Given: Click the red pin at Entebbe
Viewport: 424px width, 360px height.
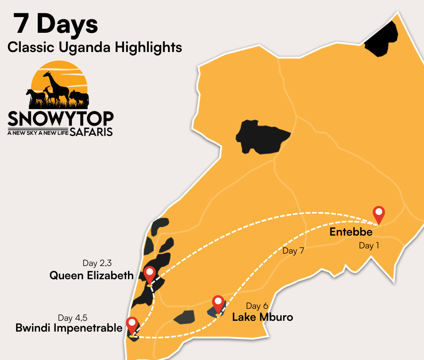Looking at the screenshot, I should click(378, 214).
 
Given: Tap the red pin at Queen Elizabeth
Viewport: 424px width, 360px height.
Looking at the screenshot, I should click(150, 274).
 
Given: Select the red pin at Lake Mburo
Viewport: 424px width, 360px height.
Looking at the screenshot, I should click(218, 304).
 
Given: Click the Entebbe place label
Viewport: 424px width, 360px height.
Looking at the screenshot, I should click(351, 232).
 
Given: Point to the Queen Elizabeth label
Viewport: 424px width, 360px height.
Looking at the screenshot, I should click(92, 275).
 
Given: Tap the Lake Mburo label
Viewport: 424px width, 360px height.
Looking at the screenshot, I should click(262, 317).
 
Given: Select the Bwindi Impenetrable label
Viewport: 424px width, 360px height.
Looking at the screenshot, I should click(69, 328).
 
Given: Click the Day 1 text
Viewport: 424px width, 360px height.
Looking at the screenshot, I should click(369, 246).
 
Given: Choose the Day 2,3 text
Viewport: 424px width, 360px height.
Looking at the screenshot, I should click(97, 263).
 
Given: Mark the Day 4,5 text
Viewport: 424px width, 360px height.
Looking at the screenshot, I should click(73, 318).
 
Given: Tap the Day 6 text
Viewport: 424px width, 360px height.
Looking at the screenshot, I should click(257, 306).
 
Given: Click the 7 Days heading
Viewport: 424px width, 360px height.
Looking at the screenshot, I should click(56, 24).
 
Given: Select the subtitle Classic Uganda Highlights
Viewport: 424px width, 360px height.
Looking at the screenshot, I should click(95, 47).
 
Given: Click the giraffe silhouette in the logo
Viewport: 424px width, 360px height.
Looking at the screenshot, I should click(56, 86).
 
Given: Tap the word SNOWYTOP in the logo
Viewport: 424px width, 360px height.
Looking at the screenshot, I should click(60, 118).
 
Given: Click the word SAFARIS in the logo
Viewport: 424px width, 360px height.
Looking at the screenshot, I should click(91, 132).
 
